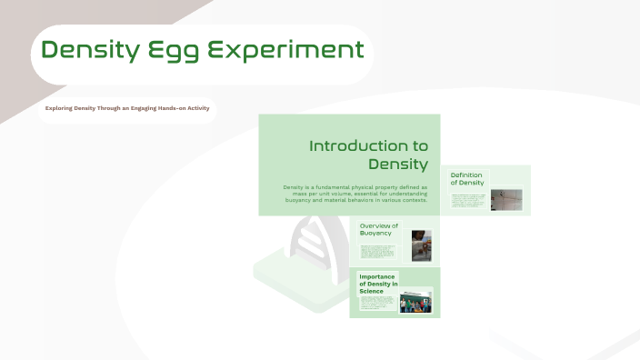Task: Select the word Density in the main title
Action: click(91, 50)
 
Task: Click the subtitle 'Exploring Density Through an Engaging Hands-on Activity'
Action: click(127, 109)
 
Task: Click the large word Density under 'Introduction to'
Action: click(397, 164)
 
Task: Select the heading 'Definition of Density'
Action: click(466, 178)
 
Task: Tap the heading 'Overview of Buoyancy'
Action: click(378, 229)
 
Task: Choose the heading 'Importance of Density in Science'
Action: click(378, 284)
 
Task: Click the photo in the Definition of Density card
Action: click(506, 199)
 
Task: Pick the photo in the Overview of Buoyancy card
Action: click(421, 245)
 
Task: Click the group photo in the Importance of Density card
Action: click(416, 302)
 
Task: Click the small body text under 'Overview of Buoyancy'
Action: click(377, 251)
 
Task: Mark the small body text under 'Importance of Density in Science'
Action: click(377, 304)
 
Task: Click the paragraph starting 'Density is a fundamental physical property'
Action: click(355, 193)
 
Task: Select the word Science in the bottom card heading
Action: click(374, 291)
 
